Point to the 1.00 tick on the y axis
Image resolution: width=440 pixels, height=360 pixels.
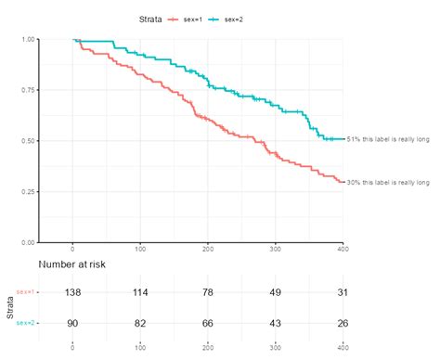click(28, 40)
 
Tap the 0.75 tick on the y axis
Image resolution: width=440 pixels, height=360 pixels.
click(28, 90)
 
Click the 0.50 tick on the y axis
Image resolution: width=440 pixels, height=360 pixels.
click(28, 141)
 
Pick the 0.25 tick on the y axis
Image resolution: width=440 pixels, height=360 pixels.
click(28, 191)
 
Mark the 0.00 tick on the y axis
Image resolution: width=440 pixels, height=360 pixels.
click(28, 242)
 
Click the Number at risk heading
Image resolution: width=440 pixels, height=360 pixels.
click(71, 264)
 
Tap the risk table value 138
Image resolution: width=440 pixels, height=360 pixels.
click(72, 292)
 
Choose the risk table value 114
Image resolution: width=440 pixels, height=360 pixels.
click(140, 292)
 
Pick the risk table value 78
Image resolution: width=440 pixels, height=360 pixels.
click(208, 292)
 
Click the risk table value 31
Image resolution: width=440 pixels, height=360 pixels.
click(343, 292)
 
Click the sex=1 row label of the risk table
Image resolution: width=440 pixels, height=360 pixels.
click(25, 292)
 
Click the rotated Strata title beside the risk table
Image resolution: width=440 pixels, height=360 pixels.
click(9, 307)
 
